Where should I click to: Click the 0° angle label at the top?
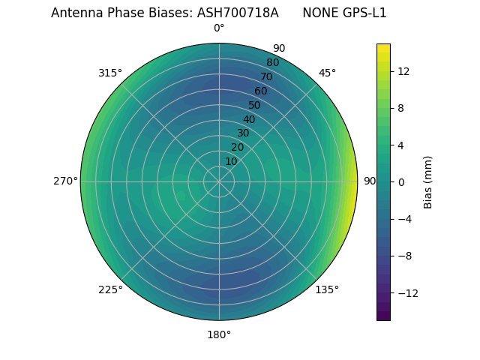[219, 28]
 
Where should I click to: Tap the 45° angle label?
[327, 73]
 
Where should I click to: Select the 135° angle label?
[327, 289]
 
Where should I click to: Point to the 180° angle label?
[219, 334]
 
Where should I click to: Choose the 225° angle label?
[110, 289]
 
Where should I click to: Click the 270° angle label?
[65, 181]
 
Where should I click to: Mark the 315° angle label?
[110, 73]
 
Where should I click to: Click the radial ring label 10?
[232, 161]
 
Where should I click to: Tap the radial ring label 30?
[243, 133]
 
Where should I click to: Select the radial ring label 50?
[255, 105]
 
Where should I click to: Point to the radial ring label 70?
[266, 76]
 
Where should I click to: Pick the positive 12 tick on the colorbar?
[403, 71]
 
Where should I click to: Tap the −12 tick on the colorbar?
[406, 293]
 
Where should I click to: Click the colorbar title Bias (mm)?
[428, 182]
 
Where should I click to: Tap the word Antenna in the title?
[74, 13]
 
